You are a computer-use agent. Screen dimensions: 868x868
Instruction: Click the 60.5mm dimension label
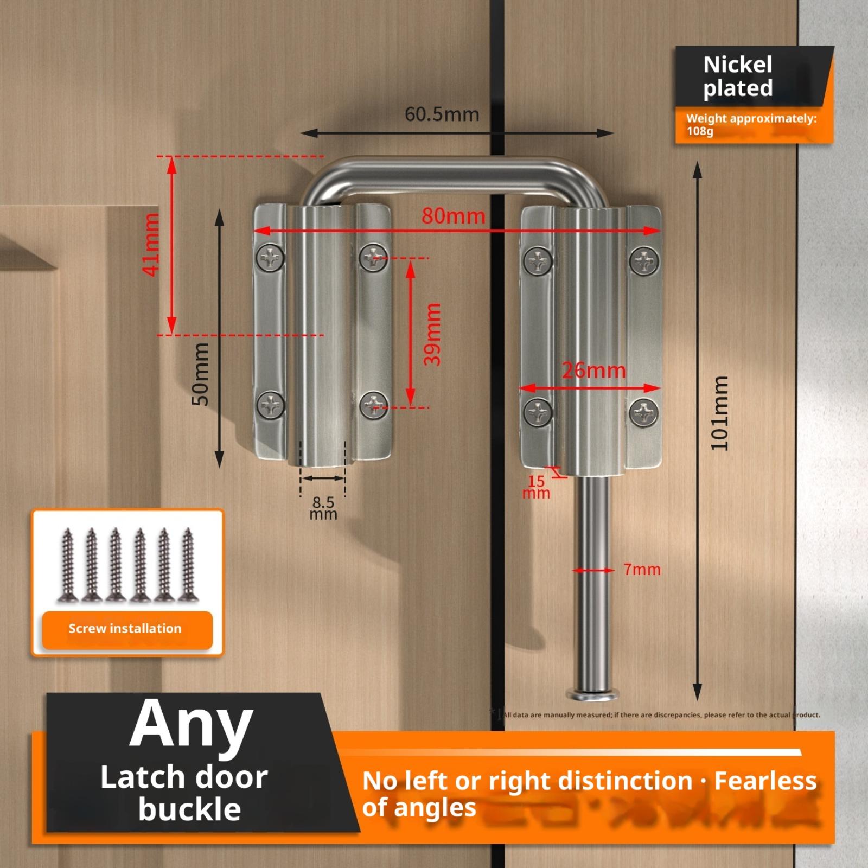(x=442, y=114)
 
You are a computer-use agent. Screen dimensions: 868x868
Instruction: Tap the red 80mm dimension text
(x=454, y=216)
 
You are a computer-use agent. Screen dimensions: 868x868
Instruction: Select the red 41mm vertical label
(x=151, y=244)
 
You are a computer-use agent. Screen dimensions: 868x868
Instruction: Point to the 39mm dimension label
(x=432, y=334)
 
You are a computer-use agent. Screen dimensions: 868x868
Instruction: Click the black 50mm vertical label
(x=200, y=374)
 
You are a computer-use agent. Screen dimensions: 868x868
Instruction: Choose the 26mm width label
(x=593, y=371)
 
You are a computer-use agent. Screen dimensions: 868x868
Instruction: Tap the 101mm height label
(x=720, y=413)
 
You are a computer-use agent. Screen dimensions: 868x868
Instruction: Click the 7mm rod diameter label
(x=642, y=569)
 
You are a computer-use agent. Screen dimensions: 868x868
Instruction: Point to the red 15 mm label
(x=536, y=487)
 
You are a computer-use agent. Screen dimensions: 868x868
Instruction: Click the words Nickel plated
(x=738, y=76)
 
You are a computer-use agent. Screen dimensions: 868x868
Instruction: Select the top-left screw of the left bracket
(x=271, y=257)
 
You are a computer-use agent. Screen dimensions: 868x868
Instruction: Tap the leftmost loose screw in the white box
(x=67, y=565)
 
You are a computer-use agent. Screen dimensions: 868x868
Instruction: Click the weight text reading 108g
(x=700, y=131)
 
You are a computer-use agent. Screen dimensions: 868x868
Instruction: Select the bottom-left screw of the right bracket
(x=538, y=412)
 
